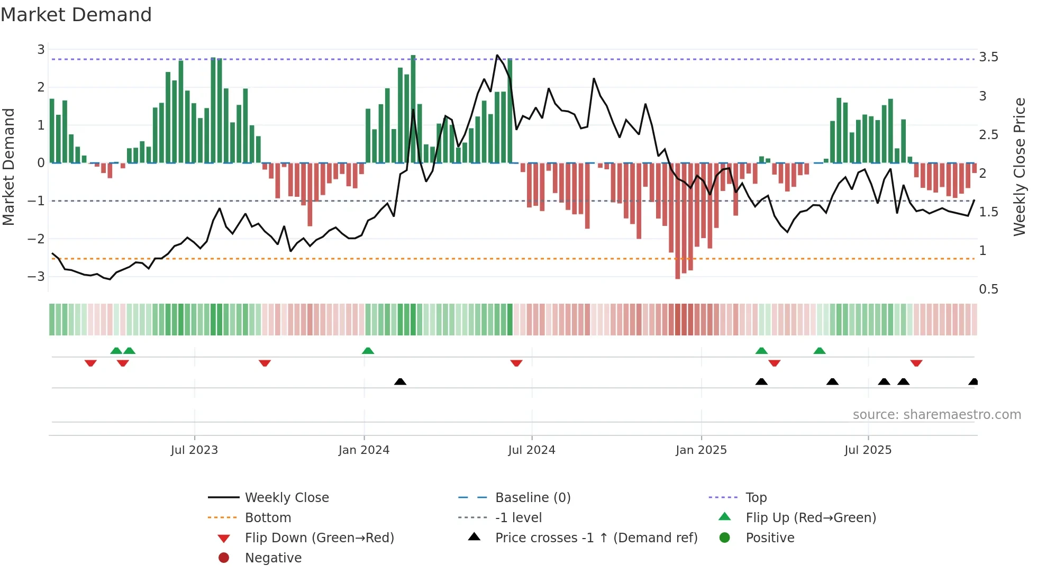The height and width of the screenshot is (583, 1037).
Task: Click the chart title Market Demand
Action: pos(76,15)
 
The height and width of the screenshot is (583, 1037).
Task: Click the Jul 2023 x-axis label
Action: pos(194,450)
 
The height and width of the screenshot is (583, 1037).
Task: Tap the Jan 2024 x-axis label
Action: pos(364,450)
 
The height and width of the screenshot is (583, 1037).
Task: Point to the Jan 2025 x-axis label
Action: pos(701,450)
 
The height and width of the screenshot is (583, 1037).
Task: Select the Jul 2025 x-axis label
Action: pos(868,450)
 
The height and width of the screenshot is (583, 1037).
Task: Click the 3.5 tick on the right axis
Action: pos(988,57)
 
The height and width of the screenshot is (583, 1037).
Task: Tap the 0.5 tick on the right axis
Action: pos(988,289)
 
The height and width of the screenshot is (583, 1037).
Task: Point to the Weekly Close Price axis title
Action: pos(1019,167)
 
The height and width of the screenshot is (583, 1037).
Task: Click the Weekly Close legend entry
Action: pos(286,498)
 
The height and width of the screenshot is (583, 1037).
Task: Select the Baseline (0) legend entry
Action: pos(532,498)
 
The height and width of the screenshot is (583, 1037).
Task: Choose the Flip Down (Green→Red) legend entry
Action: pos(319,538)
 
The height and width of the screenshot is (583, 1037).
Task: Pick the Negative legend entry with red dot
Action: pos(273,558)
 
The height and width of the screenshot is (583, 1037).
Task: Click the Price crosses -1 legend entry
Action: pos(596,538)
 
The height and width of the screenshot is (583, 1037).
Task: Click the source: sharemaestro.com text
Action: pos(936,415)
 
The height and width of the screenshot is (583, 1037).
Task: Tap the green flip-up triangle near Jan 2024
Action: pos(368,351)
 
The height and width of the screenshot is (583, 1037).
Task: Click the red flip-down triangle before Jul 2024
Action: pos(516,363)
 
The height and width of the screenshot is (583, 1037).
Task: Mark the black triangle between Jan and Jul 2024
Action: pos(400,381)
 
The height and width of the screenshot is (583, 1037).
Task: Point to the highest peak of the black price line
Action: pos(497,55)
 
